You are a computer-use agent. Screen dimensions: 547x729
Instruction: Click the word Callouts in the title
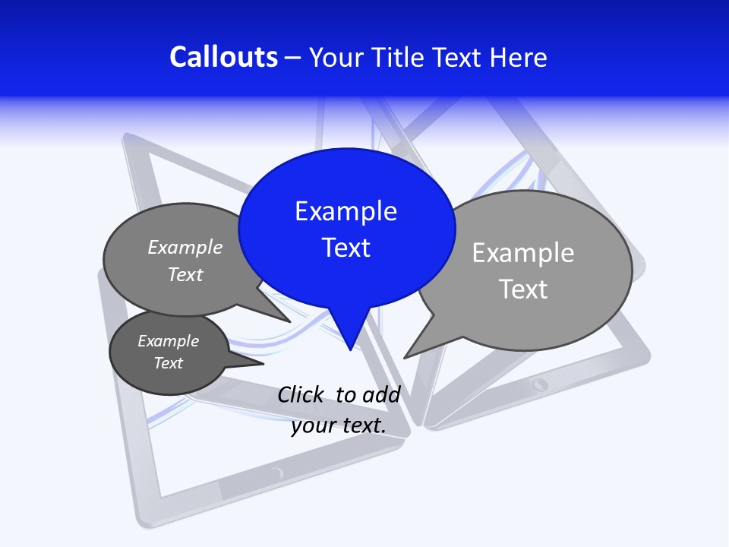223,58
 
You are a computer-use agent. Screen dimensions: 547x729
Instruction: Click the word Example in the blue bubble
346,211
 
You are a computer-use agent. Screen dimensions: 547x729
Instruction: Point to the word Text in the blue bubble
346,248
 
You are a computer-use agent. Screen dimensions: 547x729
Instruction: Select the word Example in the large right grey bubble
523,253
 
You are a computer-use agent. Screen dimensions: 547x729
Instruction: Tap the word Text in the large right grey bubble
523,289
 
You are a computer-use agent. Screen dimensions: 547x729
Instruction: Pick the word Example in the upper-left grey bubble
185,247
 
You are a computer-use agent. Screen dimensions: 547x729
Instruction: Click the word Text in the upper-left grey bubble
185,275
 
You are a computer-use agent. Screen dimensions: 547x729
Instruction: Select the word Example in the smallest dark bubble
168,341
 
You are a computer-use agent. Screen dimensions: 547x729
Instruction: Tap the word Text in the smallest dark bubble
168,363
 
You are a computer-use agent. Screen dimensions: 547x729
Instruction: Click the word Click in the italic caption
300,395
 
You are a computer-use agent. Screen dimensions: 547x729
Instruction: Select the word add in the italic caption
381,395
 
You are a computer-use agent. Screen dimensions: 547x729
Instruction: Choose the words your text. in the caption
339,425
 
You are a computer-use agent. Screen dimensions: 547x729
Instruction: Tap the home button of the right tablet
540,384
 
